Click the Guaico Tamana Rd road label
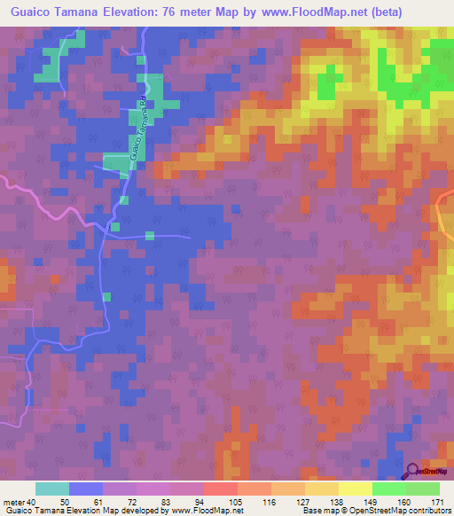tap(139, 125)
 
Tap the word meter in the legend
tap(13, 502)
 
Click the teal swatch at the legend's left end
tap(52, 489)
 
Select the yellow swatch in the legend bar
tap(355, 489)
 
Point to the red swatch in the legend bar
tap(221, 489)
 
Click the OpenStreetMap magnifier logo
tap(414, 472)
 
